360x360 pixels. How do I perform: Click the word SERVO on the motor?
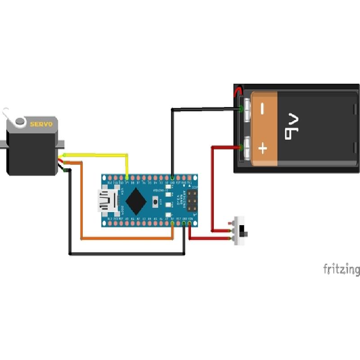tap(41, 124)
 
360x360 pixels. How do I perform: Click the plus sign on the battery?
tap(263, 148)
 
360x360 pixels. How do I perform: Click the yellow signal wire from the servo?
tap(99, 155)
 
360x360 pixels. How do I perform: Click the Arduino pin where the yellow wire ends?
tap(127, 178)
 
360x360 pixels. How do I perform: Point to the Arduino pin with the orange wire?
tap(173, 223)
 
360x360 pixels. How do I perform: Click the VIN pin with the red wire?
tap(190, 223)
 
